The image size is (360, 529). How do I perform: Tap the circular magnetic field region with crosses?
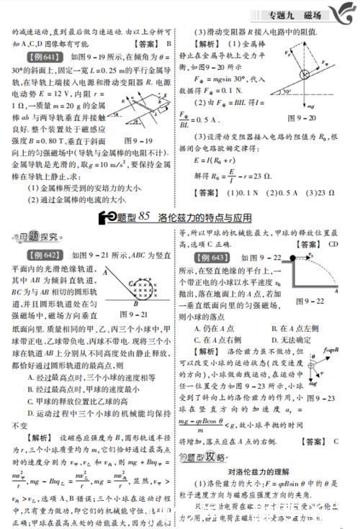[139, 286]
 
